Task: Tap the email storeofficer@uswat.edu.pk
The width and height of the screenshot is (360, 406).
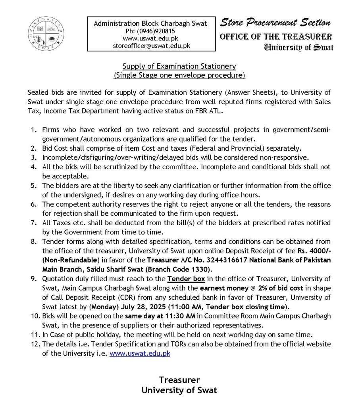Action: point(150,46)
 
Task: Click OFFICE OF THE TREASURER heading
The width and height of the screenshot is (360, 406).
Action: point(276,37)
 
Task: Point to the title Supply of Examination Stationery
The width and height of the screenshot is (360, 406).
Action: point(179,66)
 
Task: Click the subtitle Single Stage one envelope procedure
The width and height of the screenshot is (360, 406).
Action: point(179,75)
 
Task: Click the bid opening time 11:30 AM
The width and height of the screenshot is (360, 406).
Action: point(179,316)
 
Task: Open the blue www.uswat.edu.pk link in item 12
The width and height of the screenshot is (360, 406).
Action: point(140,353)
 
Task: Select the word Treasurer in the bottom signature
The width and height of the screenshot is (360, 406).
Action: point(179,379)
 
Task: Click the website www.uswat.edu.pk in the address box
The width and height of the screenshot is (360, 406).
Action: point(150,38)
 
